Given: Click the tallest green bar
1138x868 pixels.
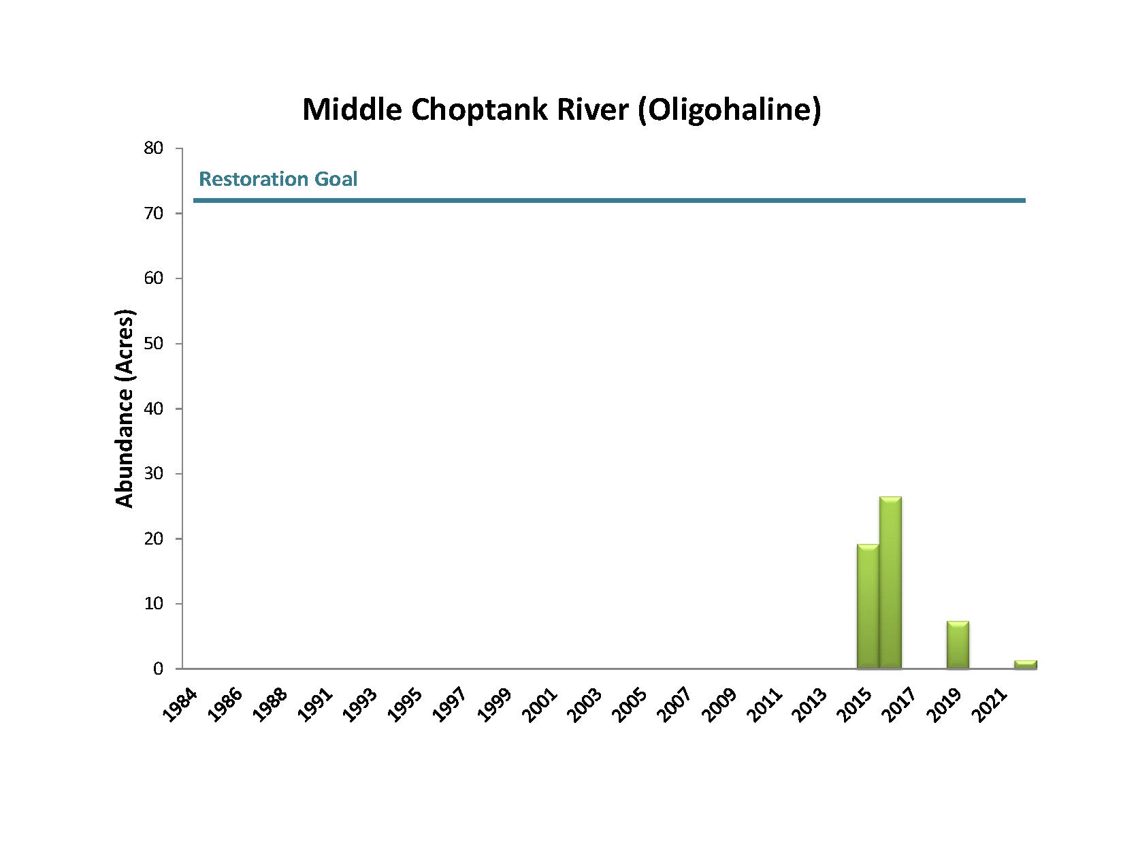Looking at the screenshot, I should click(x=890, y=583).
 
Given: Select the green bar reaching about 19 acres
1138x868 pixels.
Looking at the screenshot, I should click(x=868, y=607).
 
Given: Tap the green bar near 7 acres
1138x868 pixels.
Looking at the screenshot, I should click(x=958, y=645).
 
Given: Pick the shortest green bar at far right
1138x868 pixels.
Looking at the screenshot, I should click(x=1025, y=664).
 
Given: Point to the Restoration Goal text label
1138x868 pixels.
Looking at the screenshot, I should click(x=278, y=179).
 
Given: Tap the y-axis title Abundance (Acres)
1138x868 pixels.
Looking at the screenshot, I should click(x=125, y=408).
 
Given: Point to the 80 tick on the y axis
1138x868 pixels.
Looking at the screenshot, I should click(x=154, y=148).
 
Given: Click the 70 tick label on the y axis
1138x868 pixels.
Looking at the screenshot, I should click(x=154, y=213).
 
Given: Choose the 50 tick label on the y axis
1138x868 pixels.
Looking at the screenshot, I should click(x=154, y=343).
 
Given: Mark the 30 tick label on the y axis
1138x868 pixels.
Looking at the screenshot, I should click(x=154, y=473).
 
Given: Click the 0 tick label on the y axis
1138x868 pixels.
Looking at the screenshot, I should click(x=159, y=669).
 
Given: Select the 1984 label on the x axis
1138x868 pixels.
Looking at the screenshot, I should click(x=181, y=705).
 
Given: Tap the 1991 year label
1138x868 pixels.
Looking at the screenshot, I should click(x=315, y=705).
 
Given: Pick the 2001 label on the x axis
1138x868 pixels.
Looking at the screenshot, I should click(x=540, y=705).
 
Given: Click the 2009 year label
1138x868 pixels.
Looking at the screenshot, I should click(x=720, y=705).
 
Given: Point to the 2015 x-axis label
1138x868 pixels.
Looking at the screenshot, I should click(x=855, y=705).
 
